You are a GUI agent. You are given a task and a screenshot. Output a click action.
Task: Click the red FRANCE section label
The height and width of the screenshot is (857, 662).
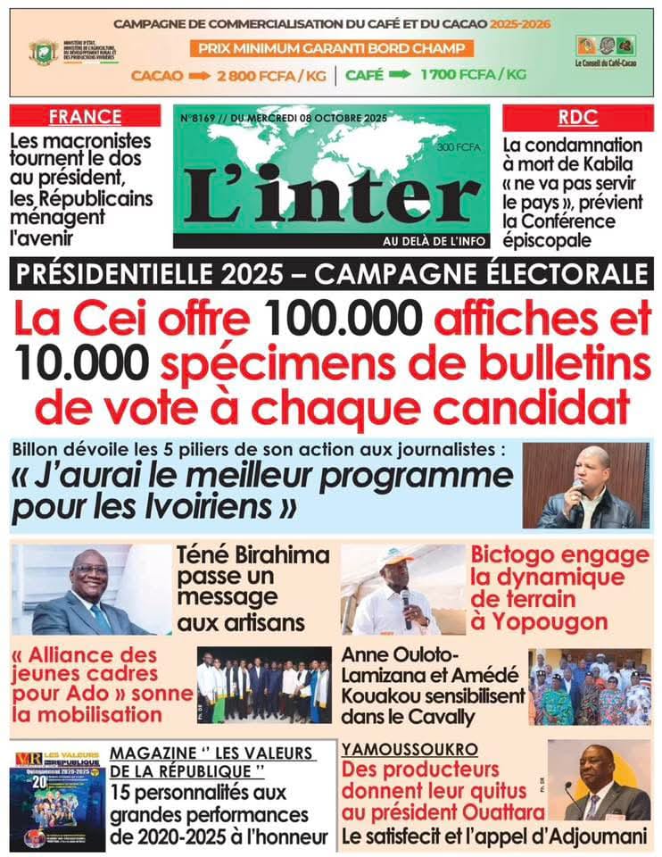pyautogui.click(x=85, y=117)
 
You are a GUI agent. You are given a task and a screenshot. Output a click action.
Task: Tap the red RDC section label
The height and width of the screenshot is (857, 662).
pyautogui.click(x=577, y=117)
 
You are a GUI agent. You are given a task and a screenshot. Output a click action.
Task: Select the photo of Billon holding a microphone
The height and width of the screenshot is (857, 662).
pyautogui.click(x=585, y=486)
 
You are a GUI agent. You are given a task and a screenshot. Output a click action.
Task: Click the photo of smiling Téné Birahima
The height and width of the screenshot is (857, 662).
pyautogui.click(x=90, y=589)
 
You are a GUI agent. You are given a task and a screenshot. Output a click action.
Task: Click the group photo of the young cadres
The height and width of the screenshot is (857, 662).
pyautogui.click(x=263, y=686)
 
